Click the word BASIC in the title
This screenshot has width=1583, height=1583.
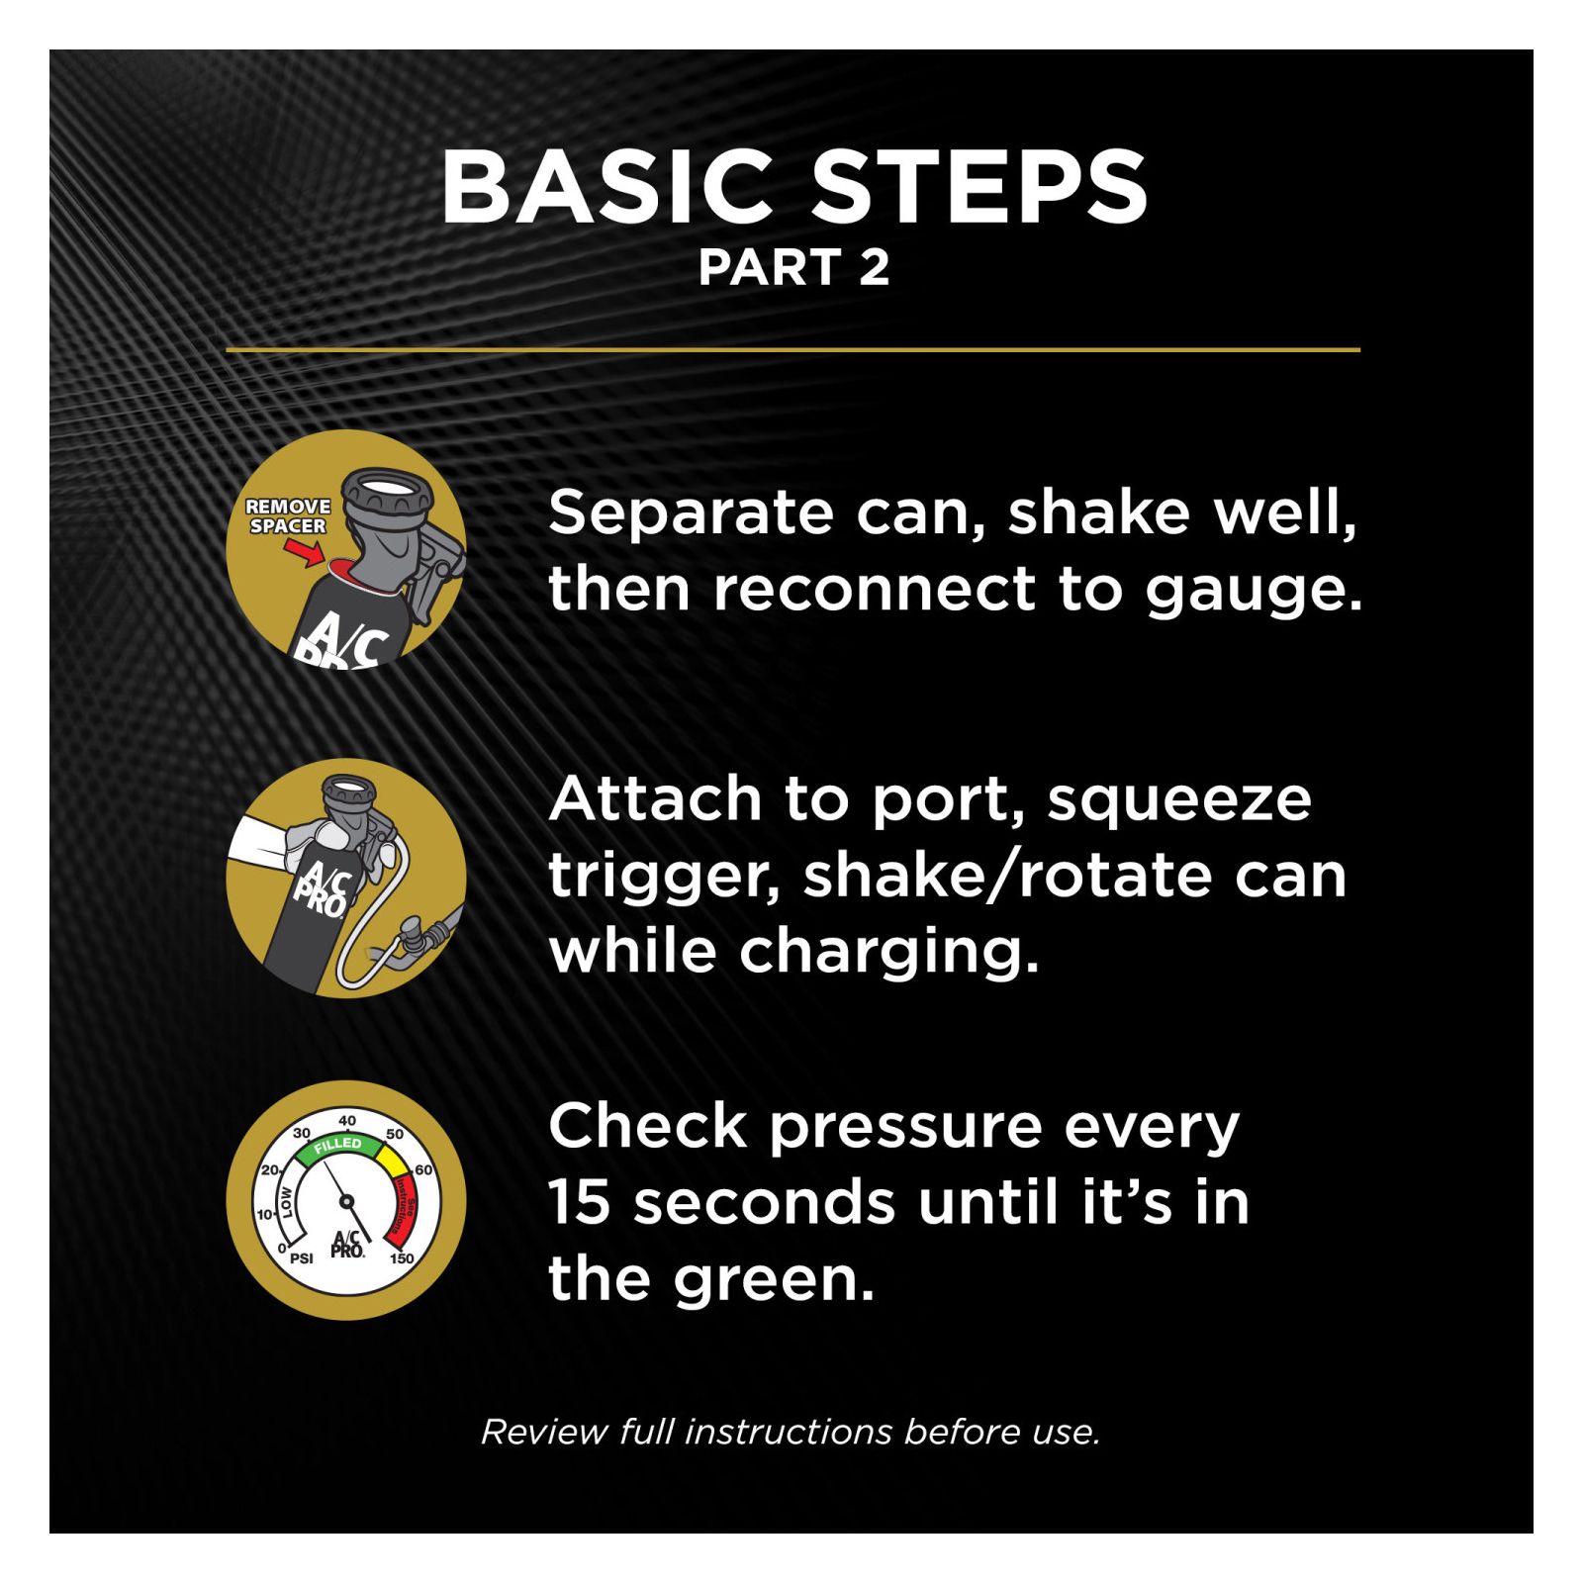[606, 187]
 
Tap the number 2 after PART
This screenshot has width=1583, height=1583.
[874, 267]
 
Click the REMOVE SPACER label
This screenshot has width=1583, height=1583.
[288, 515]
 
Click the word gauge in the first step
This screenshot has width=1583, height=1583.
[1254, 592]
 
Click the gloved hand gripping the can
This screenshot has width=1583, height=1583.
[315, 836]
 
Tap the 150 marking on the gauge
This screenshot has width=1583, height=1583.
[401, 1258]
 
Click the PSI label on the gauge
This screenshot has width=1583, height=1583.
[301, 1258]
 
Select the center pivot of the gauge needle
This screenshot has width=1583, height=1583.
[346, 1201]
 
